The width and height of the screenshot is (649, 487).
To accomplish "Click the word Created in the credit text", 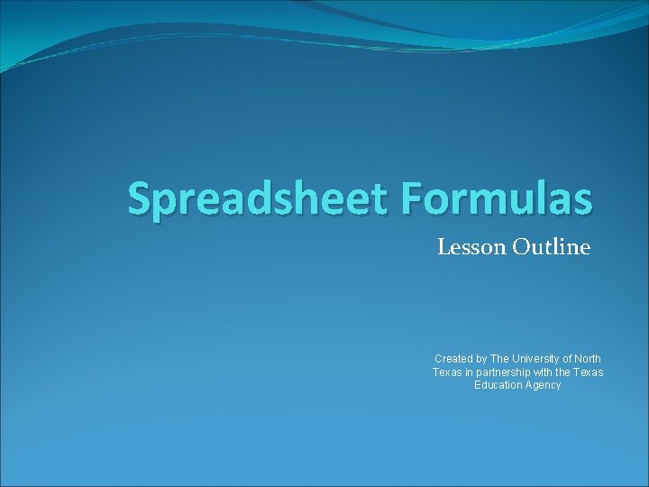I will (x=453, y=359).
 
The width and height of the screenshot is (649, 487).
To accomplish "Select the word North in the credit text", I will (x=587, y=359).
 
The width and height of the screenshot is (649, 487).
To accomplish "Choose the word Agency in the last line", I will (x=542, y=385).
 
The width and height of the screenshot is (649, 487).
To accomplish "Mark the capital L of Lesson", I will (x=443, y=246).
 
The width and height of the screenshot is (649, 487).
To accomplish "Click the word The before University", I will (x=501, y=359).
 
